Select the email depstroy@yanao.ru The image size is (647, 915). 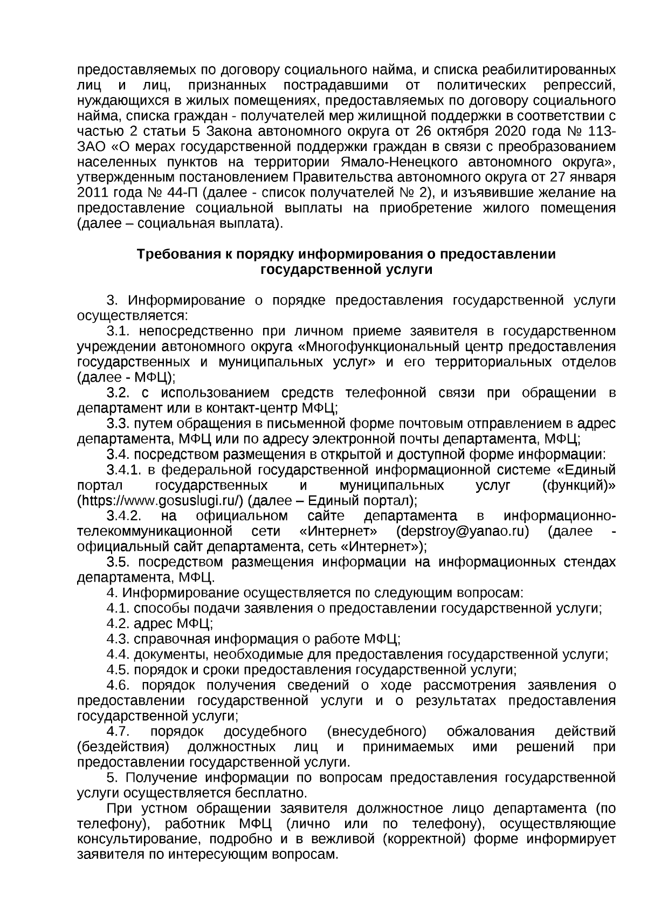click(x=462, y=531)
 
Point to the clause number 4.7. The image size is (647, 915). click(x=119, y=732)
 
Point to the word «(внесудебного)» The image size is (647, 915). click(x=376, y=732)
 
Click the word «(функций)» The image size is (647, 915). click(x=578, y=485)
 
